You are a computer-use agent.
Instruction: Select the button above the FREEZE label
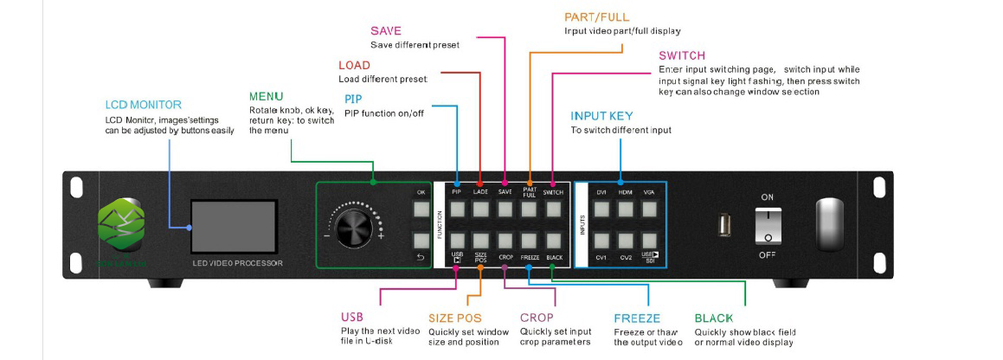click(x=530, y=239)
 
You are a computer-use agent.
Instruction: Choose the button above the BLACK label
click(x=555, y=239)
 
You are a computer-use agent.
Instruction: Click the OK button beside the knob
click(x=421, y=209)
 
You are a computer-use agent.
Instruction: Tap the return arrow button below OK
click(x=421, y=240)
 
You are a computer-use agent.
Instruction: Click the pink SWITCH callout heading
click(x=682, y=55)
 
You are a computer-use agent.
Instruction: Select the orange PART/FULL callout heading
click(x=596, y=16)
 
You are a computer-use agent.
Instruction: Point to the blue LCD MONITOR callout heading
click(x=144, y=105)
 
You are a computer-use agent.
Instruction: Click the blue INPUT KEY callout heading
click(x=601, y=116)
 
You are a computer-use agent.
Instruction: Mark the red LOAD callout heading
click(x=354, y=66)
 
